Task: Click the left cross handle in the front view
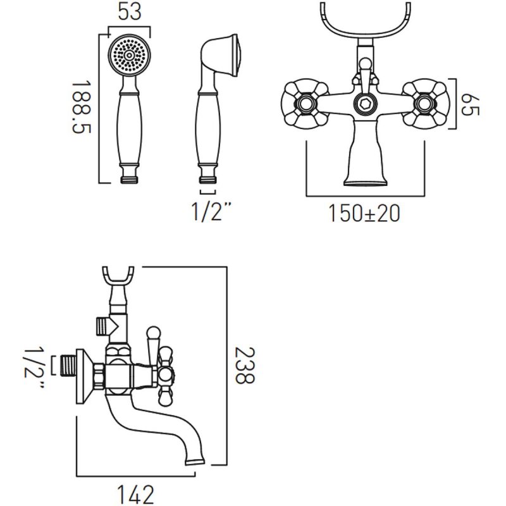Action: [303, 101]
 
